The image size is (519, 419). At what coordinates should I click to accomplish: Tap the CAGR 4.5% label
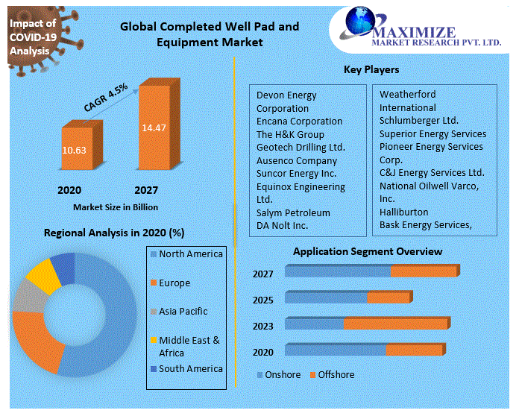click(x=105, y=98)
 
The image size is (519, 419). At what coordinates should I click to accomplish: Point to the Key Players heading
click(x=371, y=69)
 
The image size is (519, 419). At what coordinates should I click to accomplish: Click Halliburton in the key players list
click(x=404, y=212)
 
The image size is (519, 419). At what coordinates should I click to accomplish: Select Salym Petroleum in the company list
click(x=293, y=212)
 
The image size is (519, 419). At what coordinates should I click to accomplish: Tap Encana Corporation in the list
click(x=299, y=121)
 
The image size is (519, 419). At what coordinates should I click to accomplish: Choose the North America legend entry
click(x=190, y=254)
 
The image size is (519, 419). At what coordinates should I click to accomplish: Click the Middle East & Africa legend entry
click(x=189, y=346)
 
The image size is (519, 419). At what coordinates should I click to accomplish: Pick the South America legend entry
click(x=190, y=368)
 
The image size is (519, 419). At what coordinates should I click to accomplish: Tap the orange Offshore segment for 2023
click(x=395, y=324)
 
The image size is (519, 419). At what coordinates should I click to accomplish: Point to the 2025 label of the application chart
click(x=262, y=300)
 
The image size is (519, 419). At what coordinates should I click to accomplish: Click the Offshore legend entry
click(x=336, y=374)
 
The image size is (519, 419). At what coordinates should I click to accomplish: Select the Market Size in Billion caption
click(x=115, y=207)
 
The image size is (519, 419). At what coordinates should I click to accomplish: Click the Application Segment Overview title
click(x=367, y=251)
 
